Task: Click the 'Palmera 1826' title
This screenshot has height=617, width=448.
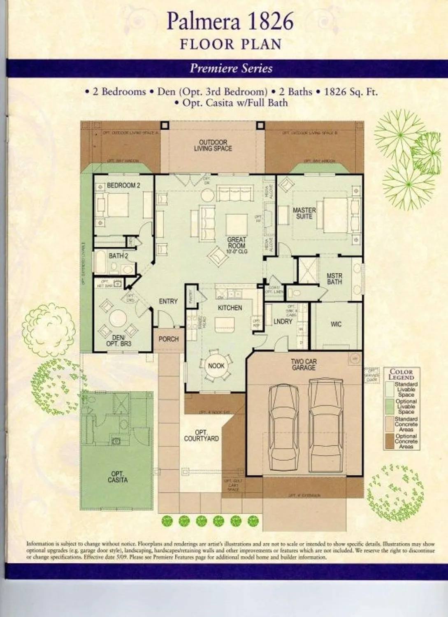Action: (230, 22)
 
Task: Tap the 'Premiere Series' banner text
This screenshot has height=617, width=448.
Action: (231, 68)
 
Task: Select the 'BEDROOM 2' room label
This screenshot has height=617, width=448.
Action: (123, 186)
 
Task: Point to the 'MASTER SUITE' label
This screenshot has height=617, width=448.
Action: (304, 213)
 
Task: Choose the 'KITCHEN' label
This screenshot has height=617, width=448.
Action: (230, 308)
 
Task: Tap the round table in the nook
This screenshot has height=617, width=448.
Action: (216, 365)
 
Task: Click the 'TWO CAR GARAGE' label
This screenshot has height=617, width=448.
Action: (304, 364)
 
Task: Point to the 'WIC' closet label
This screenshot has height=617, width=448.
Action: (336, 325)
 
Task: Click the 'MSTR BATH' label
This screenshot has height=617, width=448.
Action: (334, 279)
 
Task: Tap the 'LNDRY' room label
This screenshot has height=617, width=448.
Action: (283, 321)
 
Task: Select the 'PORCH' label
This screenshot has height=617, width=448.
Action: (169, 339)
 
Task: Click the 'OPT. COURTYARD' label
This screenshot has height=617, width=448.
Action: (202, 436)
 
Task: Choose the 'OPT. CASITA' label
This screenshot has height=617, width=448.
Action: (118, 477)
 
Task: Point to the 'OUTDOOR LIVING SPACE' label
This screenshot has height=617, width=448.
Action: (213, 145)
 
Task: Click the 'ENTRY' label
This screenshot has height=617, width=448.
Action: (168, 302)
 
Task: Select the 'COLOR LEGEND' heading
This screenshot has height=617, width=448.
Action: (401, 374)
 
